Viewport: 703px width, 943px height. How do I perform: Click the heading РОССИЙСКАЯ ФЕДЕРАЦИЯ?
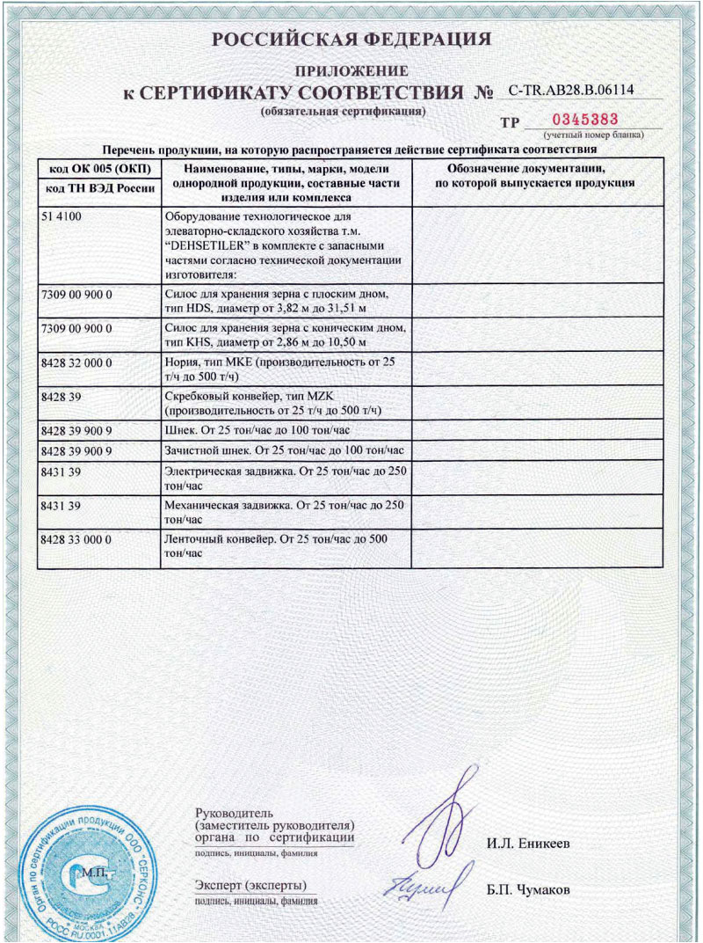click(351, 40)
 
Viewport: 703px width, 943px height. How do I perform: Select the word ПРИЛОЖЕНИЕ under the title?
click(351, 71)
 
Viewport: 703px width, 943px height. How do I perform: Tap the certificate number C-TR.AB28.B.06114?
click(571, 90)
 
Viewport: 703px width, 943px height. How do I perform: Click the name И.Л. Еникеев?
click(528, 844)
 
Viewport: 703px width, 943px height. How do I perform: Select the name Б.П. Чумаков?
click(529, 889)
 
